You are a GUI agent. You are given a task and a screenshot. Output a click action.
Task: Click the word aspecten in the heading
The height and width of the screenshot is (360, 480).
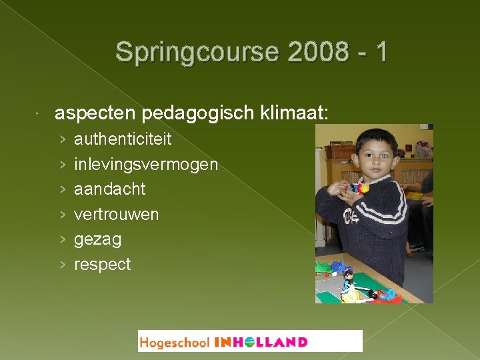(95, 113)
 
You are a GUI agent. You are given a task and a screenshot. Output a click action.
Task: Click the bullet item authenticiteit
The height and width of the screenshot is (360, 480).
(123, 139)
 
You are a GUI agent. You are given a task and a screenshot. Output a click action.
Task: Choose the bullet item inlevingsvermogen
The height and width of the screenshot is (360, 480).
(146, 164)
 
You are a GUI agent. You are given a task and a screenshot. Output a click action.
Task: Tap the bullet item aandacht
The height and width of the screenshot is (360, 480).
(109, 189)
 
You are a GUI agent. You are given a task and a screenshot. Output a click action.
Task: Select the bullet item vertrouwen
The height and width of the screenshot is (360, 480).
(116, 214)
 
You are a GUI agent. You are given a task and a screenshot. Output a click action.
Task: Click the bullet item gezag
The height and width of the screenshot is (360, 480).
(97, 239)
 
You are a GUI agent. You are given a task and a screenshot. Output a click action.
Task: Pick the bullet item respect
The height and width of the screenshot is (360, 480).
(102, 264)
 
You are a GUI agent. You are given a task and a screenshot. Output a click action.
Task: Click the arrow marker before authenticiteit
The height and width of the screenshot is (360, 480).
(62, 139)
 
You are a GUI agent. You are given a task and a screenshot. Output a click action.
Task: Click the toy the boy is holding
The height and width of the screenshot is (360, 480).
(359, 189)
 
